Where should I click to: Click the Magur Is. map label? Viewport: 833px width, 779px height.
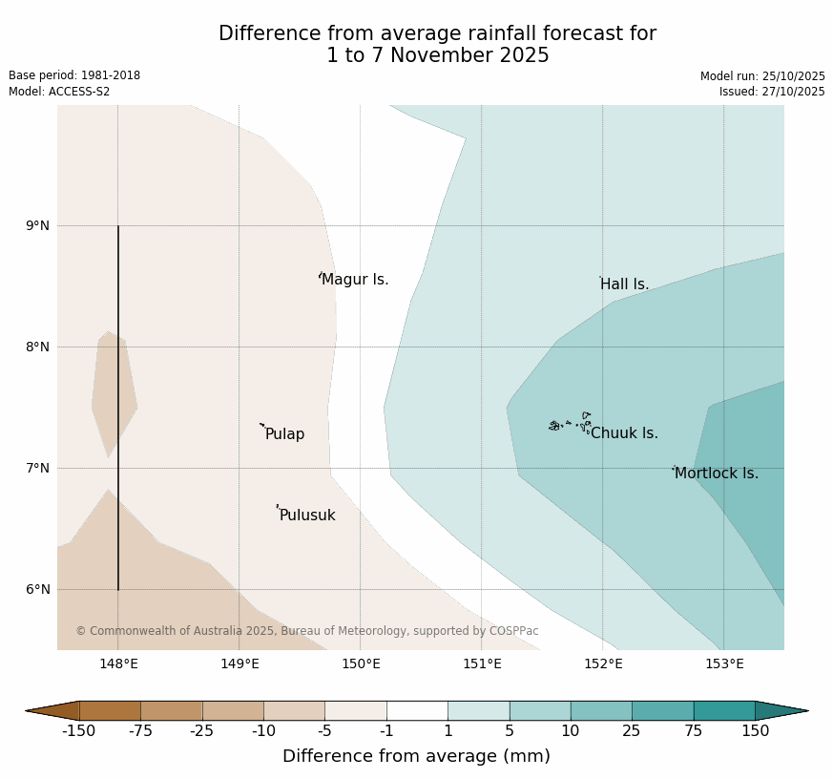pos(355,280)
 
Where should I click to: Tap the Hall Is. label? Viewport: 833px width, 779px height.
pos(624,284)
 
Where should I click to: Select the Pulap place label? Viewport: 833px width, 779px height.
pos(284,434)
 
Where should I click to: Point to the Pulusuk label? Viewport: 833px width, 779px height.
pos(307,516)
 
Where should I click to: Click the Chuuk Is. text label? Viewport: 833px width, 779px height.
pos(624,433)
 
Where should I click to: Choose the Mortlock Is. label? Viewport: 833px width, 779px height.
pos(716,474)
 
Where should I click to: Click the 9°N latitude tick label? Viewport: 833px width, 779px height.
pos(38,226)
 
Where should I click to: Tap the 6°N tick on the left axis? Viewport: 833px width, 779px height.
pos(38,590)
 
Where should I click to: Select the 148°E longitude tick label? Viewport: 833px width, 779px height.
pos(118,664)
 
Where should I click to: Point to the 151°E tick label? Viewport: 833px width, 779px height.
pos(482,664)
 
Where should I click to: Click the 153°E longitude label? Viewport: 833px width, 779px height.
pos(724,664)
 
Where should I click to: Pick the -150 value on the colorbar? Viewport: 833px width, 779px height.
pos(80,731)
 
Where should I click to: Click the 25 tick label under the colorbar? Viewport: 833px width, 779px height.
pos(632,731)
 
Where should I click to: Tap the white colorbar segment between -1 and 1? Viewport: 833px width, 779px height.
pos(417,710)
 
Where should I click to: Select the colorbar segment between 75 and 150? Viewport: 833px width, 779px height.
pos(723,710)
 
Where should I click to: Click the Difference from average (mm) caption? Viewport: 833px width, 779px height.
pos(416,756)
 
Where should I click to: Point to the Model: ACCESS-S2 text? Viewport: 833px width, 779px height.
pos(59,92)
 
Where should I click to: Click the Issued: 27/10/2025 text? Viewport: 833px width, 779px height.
pos(771,92)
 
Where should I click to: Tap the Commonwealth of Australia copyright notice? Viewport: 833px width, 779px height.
pos(307,631)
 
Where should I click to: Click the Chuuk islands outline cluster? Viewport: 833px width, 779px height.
pos(571,423)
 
